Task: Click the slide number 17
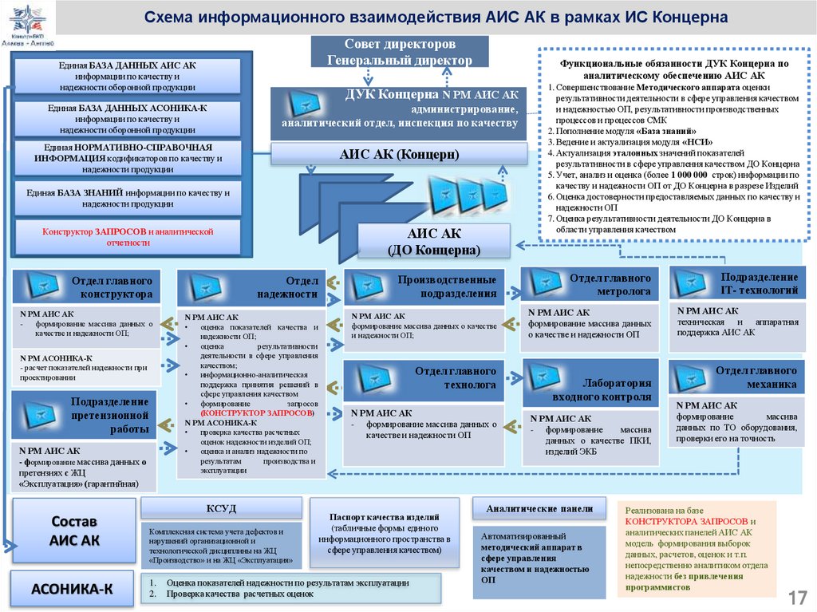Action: click(797, 598)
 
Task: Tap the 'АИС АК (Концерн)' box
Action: click(399, 154)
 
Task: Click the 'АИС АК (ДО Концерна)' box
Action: click(434, 241)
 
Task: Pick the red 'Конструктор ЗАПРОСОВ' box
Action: click(128, 236)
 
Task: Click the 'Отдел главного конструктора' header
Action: click(86, 287)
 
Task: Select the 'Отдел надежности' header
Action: click(251, 288)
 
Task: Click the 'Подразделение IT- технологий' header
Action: click(737, 282)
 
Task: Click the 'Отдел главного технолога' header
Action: click(424, 378)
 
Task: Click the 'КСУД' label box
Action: click(221, 508)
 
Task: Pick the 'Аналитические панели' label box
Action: click(539, 509)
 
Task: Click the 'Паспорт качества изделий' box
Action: click(384, 534)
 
